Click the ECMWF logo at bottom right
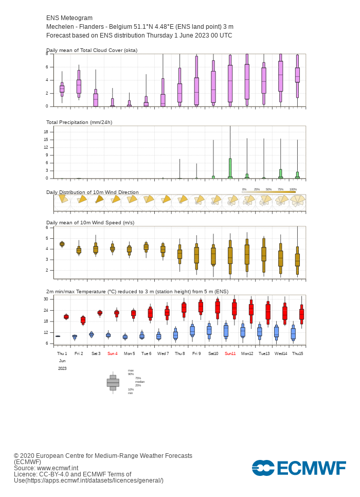click(299, 468)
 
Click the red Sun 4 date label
click(112, 354)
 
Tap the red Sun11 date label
click(230, 354)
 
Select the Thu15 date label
click(297, 354)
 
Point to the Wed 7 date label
click(163, 354)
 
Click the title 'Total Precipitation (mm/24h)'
click(79, 122)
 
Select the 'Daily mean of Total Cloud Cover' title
click(92, 50)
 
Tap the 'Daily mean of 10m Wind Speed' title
click(90, 222)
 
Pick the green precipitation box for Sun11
click(230, 168)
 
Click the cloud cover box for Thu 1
click(62, 89)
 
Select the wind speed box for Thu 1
click(62, 244)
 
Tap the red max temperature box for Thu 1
click(66, 317)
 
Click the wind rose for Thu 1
click(62, 199)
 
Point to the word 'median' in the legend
click(139, 382)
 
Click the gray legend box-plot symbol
click(113, 383)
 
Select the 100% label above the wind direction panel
click(293, 189)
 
